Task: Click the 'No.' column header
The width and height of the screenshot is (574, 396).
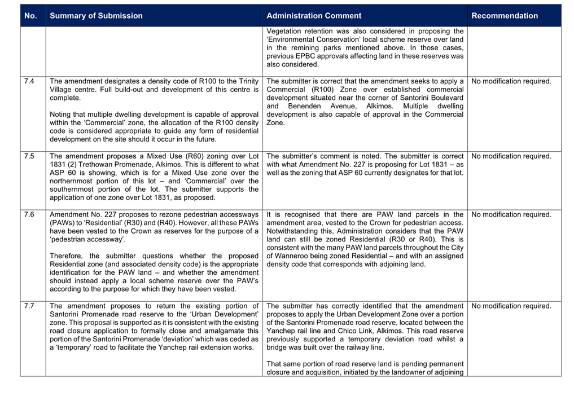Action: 30,16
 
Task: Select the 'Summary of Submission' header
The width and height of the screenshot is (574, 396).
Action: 96,16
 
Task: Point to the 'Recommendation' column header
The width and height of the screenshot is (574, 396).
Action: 505,16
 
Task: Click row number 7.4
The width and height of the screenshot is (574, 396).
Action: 29,81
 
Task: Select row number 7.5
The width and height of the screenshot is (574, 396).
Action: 29,156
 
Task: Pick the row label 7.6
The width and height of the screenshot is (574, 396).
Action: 29,214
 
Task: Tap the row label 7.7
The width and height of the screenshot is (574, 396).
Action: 29,306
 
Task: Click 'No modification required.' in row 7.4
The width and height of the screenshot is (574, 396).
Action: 511,81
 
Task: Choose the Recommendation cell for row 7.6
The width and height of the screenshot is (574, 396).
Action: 511,214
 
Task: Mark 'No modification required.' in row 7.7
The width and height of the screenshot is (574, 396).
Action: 511,306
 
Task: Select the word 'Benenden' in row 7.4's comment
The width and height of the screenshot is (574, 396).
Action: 304,106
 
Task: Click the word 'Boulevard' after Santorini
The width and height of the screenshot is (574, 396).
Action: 446,98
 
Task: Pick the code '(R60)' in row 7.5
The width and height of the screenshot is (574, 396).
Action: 180,156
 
